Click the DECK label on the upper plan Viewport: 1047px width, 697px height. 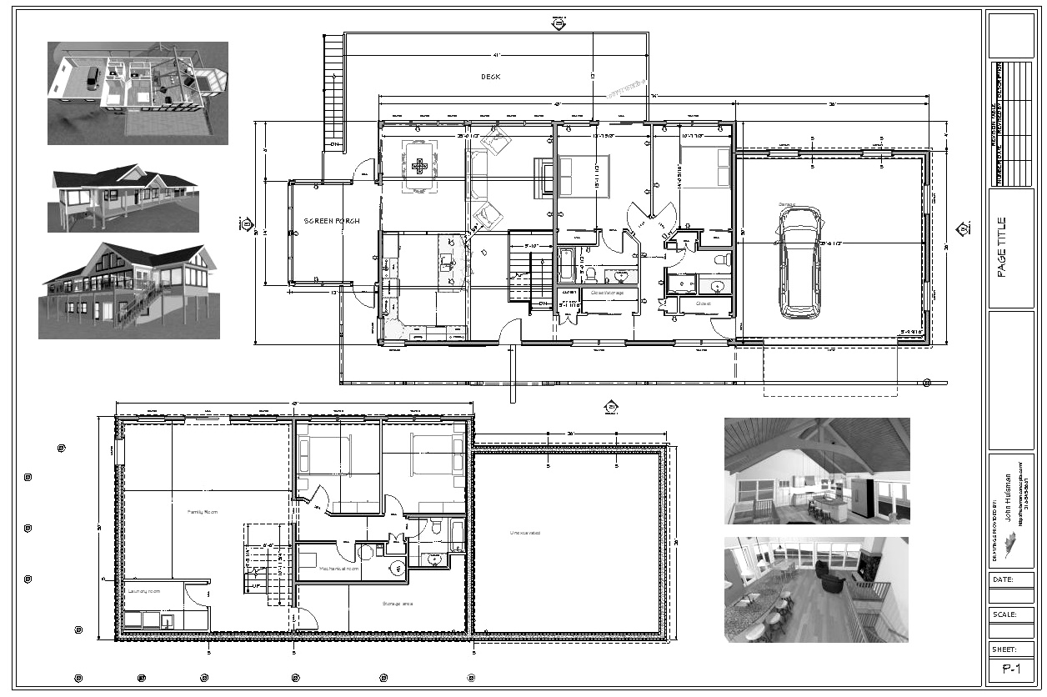(x=491, y=77)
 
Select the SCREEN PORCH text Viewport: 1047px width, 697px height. (x=330, y=221)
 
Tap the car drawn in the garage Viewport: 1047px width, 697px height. (x=799, y=263)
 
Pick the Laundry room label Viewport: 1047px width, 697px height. (x=143, y=591)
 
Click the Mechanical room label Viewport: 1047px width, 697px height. (x=338, y=569)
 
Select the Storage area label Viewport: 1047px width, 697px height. (x=398, y=604)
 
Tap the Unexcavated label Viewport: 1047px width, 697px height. (x=525, y=532)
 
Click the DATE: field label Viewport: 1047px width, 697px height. (x=1004, y=579)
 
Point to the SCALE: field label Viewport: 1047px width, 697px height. (x=1004, y=614)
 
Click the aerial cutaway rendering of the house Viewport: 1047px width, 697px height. (x=138, y=93)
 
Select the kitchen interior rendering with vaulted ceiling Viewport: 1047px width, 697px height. (x=816, y=471)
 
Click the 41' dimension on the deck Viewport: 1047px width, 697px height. (x=496, y=56)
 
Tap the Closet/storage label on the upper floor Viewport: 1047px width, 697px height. (x=609, y=293)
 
